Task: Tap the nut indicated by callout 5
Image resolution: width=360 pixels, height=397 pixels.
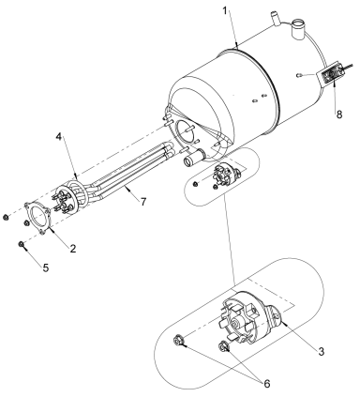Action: tap(22, 246)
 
